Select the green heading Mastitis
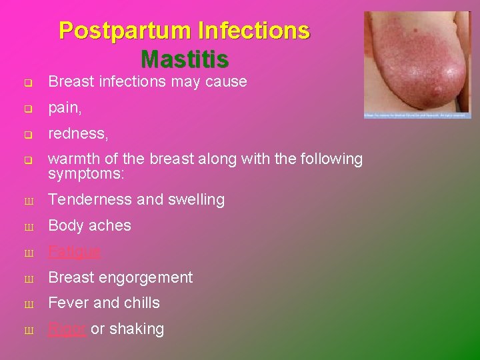click(x=185, y=59)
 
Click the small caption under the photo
click(x=417, y=115)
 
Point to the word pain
click(x=65, y=108)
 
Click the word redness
click(x=77, y=133)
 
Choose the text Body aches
click(x=89, y=225)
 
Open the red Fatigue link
click(x=75, y=251)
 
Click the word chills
click(x=140, y=303)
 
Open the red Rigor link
click(x=67, y=329)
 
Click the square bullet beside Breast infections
click(x=28, y=83)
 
